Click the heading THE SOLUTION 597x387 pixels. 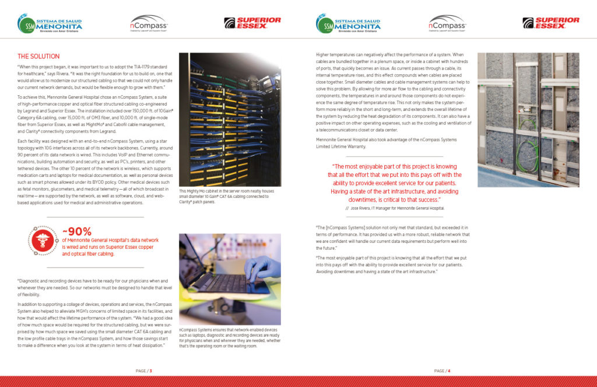pos(38,57)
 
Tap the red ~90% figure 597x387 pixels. pos(77,232)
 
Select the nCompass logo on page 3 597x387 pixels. pos(149,23)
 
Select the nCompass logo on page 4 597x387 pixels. pos(447,23)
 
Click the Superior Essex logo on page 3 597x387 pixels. pos(252,23)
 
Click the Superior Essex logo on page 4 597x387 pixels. pos(550,23)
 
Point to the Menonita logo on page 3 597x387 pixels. pos(50,24)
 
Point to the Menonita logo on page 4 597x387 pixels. pos(349,24)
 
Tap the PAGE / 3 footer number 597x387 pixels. pos(144,371)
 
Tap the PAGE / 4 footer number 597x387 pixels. pos(443,371)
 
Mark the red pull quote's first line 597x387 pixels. pos(395,166)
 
